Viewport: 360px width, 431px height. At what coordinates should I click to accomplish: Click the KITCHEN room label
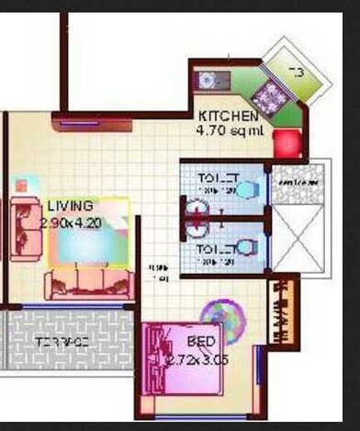tap(229, 117)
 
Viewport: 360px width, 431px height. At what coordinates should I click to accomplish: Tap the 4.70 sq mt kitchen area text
tap(230, 130)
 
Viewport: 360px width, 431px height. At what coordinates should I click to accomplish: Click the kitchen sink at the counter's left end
tap(207, 80)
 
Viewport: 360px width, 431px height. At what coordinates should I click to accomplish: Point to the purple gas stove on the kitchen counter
tap(270, 96)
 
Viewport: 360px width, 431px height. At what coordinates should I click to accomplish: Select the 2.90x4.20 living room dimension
tap(72, 221)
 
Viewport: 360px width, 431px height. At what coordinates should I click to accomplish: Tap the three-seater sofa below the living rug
tap(89, 282)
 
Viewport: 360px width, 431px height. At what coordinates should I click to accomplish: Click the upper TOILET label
tap(219, 177)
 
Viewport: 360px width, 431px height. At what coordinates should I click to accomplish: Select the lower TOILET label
tap(219, 249)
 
